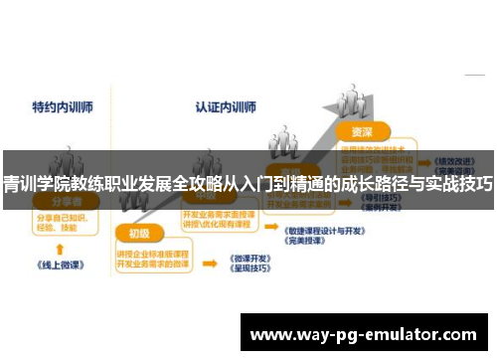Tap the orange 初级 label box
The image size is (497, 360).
pos(139,234)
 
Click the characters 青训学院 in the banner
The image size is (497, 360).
pos(31,184)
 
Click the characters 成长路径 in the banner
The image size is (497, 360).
pos(367,184)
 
